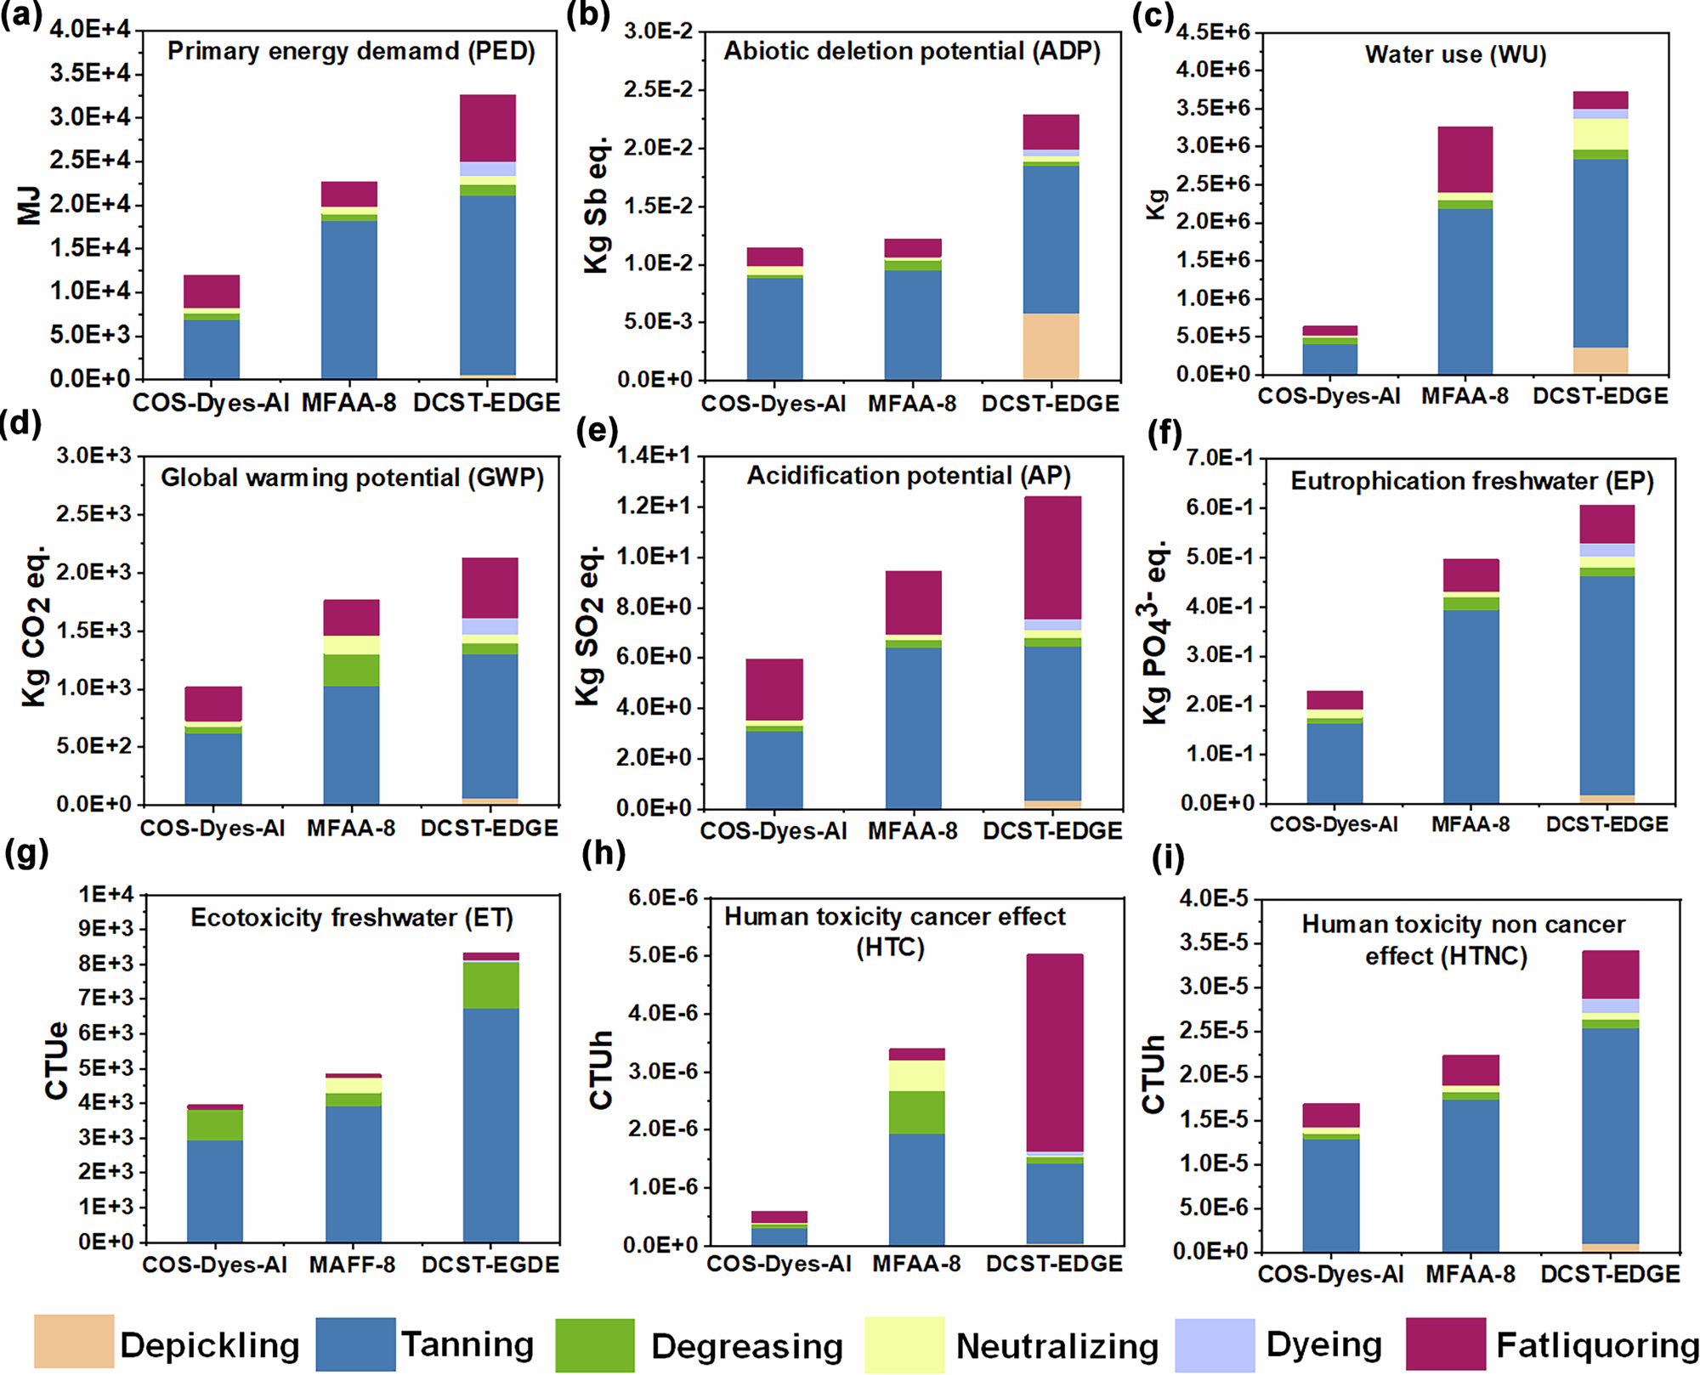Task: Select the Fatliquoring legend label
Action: click(1597, 1345)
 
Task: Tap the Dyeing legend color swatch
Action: click(1215, 1344)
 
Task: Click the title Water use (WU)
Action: click(1455, 54)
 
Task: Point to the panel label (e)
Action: click(597, 431)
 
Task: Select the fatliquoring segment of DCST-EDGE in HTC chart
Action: click(1055, 1052)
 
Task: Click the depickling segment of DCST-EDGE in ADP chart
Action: click(1051, 346)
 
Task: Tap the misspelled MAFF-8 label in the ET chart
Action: click(352, 1265)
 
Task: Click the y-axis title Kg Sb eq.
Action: click(596, 204)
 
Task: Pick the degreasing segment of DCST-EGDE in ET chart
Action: click(490, 985)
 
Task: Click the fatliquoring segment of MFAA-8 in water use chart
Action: click(1465, 159)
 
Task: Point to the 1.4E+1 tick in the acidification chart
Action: click(653, 456)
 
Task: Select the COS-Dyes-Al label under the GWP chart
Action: click(212, 828)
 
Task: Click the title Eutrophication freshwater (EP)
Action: click(1472, 481)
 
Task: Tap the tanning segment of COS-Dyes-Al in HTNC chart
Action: click(1331, 1194)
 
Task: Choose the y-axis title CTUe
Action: click(56, 1061)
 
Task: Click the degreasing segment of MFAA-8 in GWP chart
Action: click(352, 670)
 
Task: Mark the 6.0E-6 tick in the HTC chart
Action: click(661, 898)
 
